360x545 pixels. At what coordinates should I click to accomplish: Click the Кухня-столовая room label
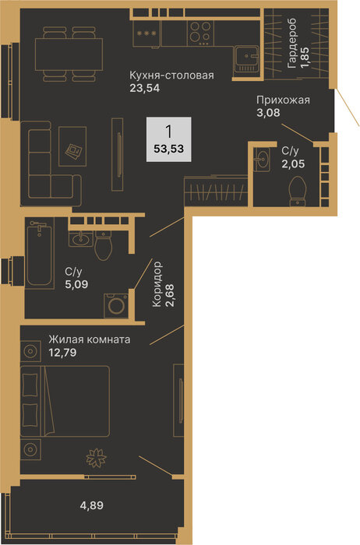[172, 75]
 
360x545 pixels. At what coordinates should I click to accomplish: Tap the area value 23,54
[145, 88]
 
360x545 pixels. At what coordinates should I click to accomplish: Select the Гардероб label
[292, 43]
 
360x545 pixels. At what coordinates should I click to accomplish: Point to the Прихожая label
[283, 100]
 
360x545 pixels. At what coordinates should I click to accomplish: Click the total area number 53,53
[168, 149]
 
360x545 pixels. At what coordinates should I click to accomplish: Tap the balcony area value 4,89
[92, 505]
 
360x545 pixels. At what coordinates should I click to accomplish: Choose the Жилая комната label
[90, 339]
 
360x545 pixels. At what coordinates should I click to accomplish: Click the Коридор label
[157, 284]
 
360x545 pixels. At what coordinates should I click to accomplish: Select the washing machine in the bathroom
[116, 305]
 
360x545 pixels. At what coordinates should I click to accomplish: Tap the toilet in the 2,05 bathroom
[298, 192]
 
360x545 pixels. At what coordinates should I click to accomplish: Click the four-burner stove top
[201, 33]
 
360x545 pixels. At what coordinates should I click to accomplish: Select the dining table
[69, 54]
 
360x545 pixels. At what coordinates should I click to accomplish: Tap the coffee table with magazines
[72, 146]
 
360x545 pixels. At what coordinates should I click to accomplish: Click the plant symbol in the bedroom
[96, 458]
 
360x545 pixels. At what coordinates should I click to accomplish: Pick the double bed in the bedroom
[65, 400]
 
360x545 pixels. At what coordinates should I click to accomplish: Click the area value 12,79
[62, 353]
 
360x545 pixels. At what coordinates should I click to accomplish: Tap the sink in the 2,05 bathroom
[261, 160]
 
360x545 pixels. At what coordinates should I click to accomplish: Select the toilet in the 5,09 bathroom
[103, 246]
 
